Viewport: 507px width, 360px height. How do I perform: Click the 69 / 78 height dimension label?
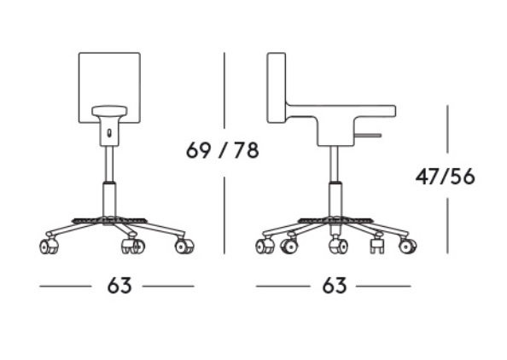[x=223, y=150]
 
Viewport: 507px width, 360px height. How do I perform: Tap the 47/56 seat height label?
[x=446, y=177]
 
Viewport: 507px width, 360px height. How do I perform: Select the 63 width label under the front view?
[x=119, y=286]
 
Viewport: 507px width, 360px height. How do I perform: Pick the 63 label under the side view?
[x=335, y=286]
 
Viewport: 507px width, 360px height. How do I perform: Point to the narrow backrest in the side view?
[x=277, y=88]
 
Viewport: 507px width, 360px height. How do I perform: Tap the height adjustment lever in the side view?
[x=369, y=135]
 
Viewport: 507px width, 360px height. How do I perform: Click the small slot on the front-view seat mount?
[x=109, y=133]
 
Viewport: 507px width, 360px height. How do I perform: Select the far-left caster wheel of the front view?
[x=50, y=247]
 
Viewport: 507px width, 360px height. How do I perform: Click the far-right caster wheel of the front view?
[x=184, y=247]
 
